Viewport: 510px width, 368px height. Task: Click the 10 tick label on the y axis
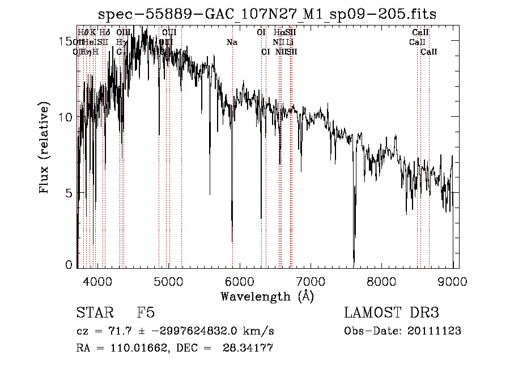coord(66,117)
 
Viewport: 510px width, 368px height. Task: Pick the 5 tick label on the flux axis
coord(69,193)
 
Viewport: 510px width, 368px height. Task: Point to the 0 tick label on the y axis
coord(69,265)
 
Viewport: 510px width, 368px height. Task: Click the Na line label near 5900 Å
coord(232,42)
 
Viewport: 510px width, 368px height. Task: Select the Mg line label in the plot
coord(181,52)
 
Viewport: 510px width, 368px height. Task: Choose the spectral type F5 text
coord(146,313)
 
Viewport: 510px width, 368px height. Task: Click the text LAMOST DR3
coord(392,313)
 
